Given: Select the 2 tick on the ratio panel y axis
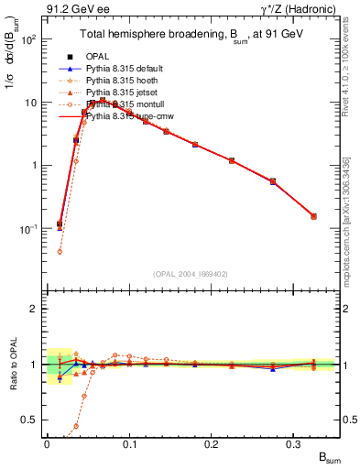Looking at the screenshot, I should click(37, 309).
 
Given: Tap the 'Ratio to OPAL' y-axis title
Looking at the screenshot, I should click(11, 365).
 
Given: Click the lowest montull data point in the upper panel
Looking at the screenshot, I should click(60, 251).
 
